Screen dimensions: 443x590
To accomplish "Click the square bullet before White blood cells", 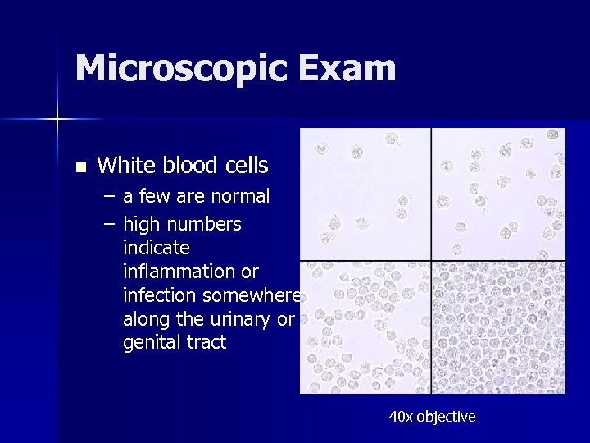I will [79, 167].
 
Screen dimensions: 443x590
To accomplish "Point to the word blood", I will [191, 166].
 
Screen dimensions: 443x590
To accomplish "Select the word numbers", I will [204, 225].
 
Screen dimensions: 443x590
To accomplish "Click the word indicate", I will [156, 248].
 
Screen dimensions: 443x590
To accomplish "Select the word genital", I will [152, 343].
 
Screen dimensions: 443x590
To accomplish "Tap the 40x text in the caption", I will [401, 417].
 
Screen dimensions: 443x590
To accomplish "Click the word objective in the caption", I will [446, 417].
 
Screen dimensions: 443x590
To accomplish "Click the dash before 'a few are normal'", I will [110, 197].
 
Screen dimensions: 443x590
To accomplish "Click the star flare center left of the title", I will [57, 120].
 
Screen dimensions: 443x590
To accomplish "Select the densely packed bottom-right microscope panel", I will [498, 327].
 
